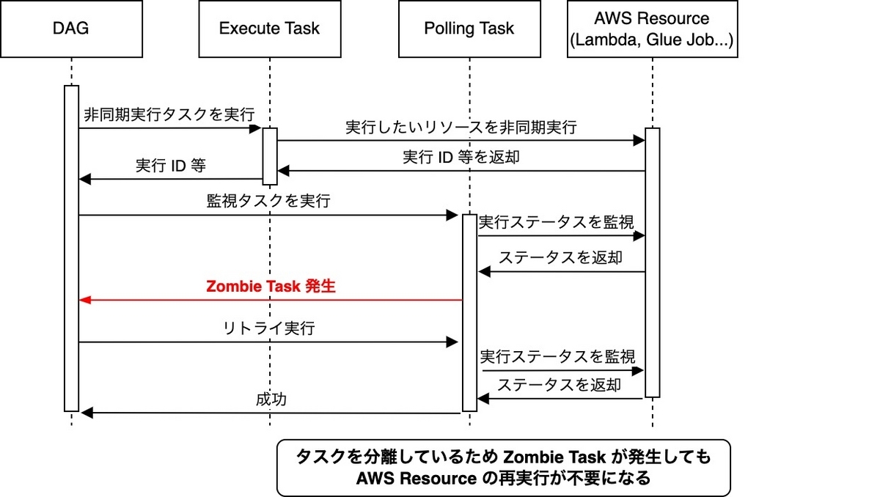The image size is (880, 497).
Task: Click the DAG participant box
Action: [71, 29]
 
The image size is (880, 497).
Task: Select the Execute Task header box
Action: [269, 29]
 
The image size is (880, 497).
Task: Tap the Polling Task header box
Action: [469, 29]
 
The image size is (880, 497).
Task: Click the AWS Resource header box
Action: [652, 29]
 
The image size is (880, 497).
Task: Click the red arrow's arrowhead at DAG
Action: [84, 300]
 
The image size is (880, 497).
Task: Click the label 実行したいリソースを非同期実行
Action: [461, 127]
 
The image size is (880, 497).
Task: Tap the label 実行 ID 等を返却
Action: [461, 157]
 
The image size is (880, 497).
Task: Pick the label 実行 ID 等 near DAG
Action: [171, 166]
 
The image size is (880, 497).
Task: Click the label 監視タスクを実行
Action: [268, 202]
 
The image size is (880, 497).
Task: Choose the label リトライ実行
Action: [268, 328]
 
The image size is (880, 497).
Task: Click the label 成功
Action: [271, 400]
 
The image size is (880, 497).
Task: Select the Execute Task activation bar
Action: [269, 156]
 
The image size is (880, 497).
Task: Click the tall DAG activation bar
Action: [71, 249]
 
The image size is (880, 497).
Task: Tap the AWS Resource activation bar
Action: [652, 262]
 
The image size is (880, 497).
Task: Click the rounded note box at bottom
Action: [503, 468]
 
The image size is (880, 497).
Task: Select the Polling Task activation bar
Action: [469, 312]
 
